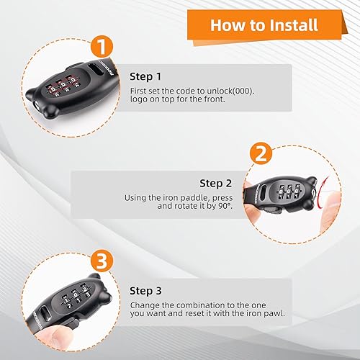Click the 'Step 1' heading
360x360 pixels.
(x=146, y=75)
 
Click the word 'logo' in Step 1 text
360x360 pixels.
(x=138, y=99)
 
